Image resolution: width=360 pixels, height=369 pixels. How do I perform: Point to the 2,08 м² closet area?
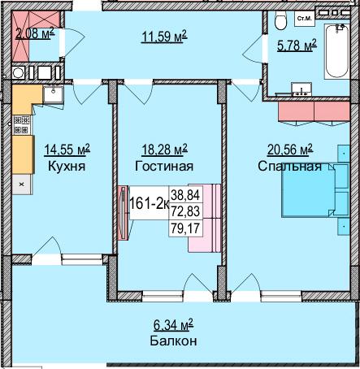pyautogui.click(x=34, y=33)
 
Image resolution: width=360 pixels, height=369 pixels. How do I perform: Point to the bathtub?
pyautogui.click(x=335, y=49)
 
